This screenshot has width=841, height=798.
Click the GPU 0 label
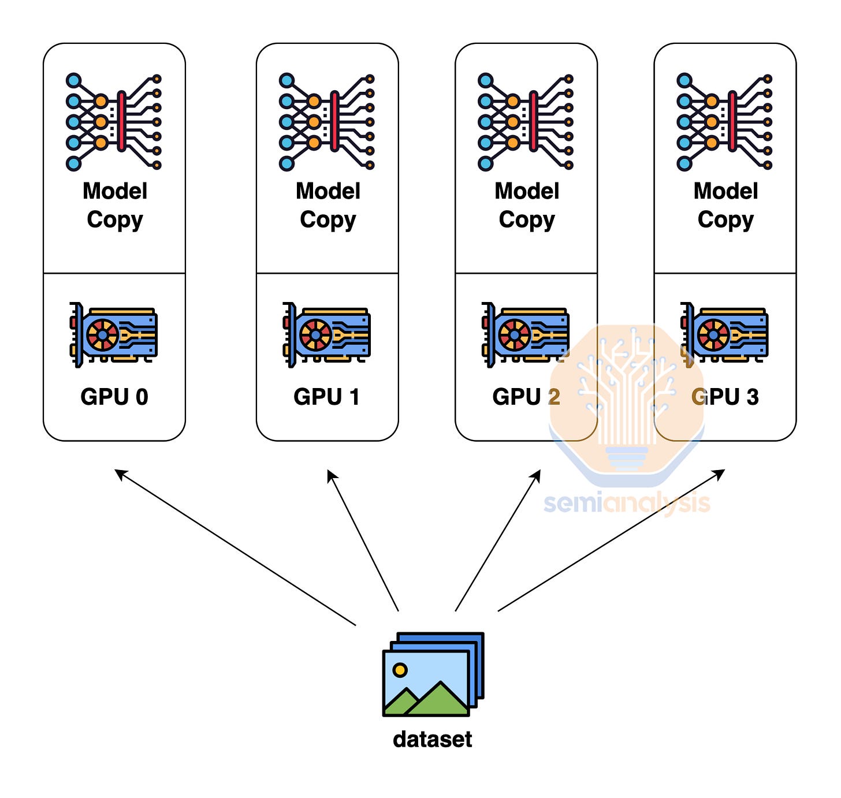[114, 397]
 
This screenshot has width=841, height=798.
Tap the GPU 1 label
[327, 397]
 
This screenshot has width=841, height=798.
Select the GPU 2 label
[526, 397]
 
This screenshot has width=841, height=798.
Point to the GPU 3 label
[725, 397]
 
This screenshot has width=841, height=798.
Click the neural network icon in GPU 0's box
[114, 122]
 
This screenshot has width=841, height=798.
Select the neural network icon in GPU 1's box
[327, 122]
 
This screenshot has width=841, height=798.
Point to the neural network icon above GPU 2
[526, 122]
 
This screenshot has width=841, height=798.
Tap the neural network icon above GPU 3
[724, 122]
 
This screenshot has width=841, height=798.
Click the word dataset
[432, 739]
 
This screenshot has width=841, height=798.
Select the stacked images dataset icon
[433, 674]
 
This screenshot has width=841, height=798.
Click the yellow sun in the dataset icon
[400, 670]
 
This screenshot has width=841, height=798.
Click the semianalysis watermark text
[627, 503]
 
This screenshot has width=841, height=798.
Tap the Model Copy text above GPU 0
[115, 206]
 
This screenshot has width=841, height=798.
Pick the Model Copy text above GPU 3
[725, 206]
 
